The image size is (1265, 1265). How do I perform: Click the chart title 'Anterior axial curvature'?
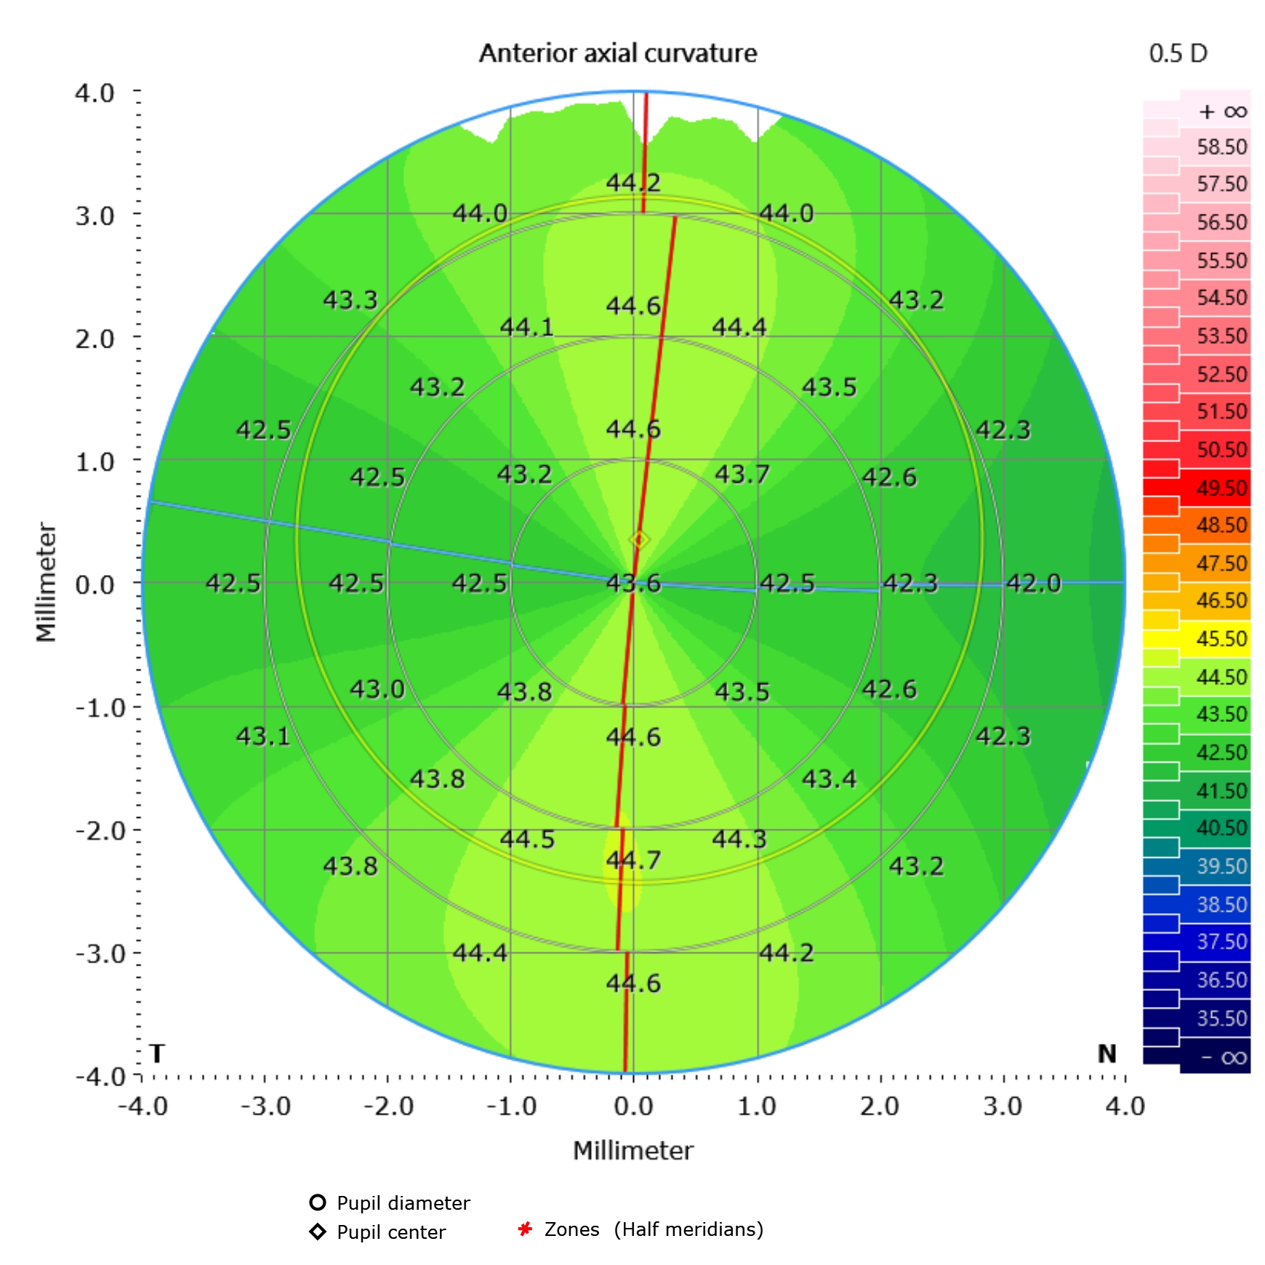[617, 53]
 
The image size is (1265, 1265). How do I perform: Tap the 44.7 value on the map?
[633, 860]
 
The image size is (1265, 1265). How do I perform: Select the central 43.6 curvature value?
[633, 583]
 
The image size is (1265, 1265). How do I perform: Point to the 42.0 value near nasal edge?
[1033, 583]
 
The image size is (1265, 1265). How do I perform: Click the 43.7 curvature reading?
[742, 475]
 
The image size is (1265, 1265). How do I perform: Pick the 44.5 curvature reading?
[527, 840]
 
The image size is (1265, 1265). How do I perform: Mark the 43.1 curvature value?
[262, 736]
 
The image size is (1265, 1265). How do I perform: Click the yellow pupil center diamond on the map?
[639, 540]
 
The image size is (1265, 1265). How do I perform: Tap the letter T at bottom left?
[157, 1053]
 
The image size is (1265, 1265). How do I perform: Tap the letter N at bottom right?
[1107, 1053]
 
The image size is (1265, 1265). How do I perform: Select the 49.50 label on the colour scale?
[1221, 488]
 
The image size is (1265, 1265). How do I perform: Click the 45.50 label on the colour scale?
[1221, 639]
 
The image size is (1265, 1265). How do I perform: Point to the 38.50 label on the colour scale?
[1221, 904]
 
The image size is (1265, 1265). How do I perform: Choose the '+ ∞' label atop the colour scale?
[1222, 112]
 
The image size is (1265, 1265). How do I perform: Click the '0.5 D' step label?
[1178, 53]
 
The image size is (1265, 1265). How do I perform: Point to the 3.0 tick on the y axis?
[95, 216]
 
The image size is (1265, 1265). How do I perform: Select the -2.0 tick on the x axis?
[388, 1107]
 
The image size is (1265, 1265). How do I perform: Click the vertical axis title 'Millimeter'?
[46, 582]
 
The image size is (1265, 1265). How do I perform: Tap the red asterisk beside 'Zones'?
[525, 1229]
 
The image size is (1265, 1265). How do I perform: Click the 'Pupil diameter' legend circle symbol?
[318, 1202]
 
